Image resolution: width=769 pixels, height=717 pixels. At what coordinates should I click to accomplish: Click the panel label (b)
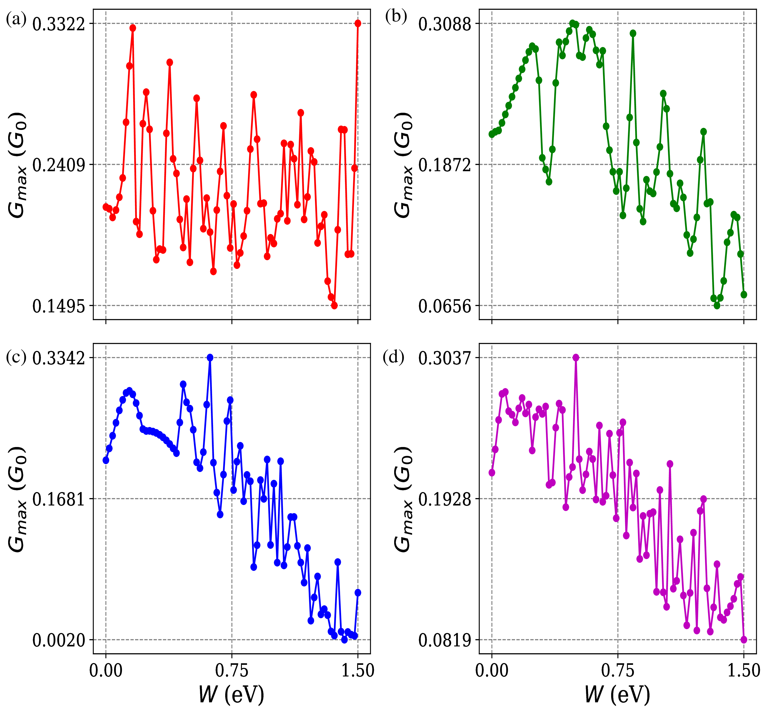[396, 17]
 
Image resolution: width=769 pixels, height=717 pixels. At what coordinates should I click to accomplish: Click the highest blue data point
[210, 358]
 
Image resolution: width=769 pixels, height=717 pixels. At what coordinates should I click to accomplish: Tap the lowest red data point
[335, 305]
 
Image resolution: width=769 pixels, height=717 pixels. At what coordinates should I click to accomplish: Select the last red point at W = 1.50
[358, 24]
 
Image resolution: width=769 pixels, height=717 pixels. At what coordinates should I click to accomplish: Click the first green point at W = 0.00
[492, 134]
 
